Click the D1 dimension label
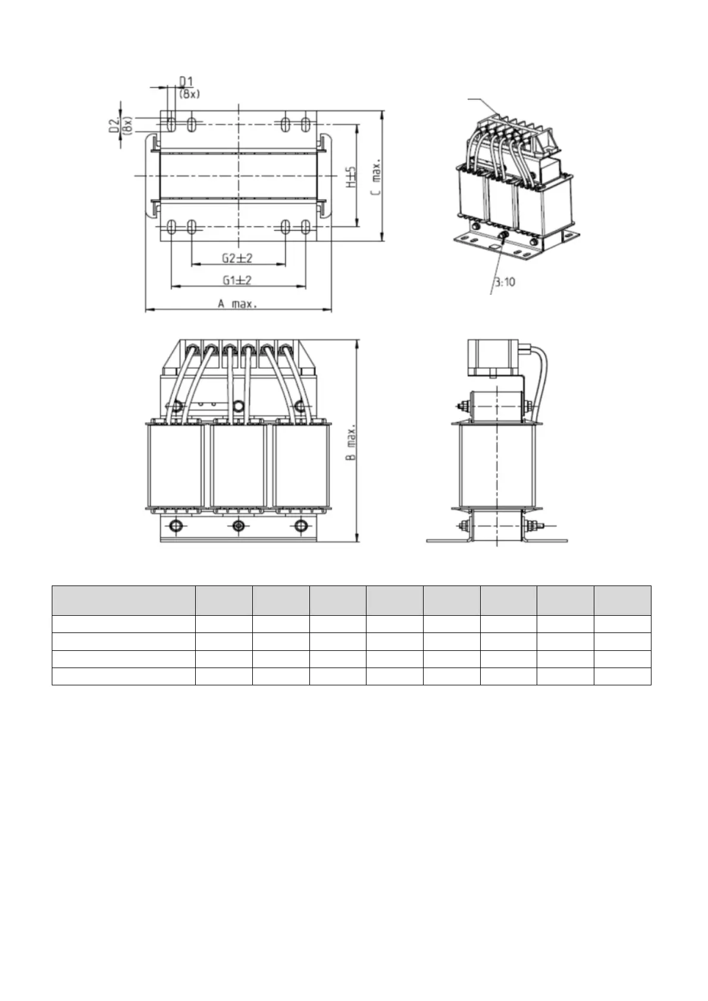pyautogui.click(x=186, y=81)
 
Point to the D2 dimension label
pyautogui.click(x=115, y=125)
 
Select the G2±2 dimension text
pyautogui.click(x=237, y=258)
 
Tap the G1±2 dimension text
pyautogui.click(x=237, y=280)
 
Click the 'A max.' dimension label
pyautogui.click(x=237, y=304)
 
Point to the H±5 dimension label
pyautogui.click(x=352, y=177)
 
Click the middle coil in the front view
pyautogui.click(x=239, y=465)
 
